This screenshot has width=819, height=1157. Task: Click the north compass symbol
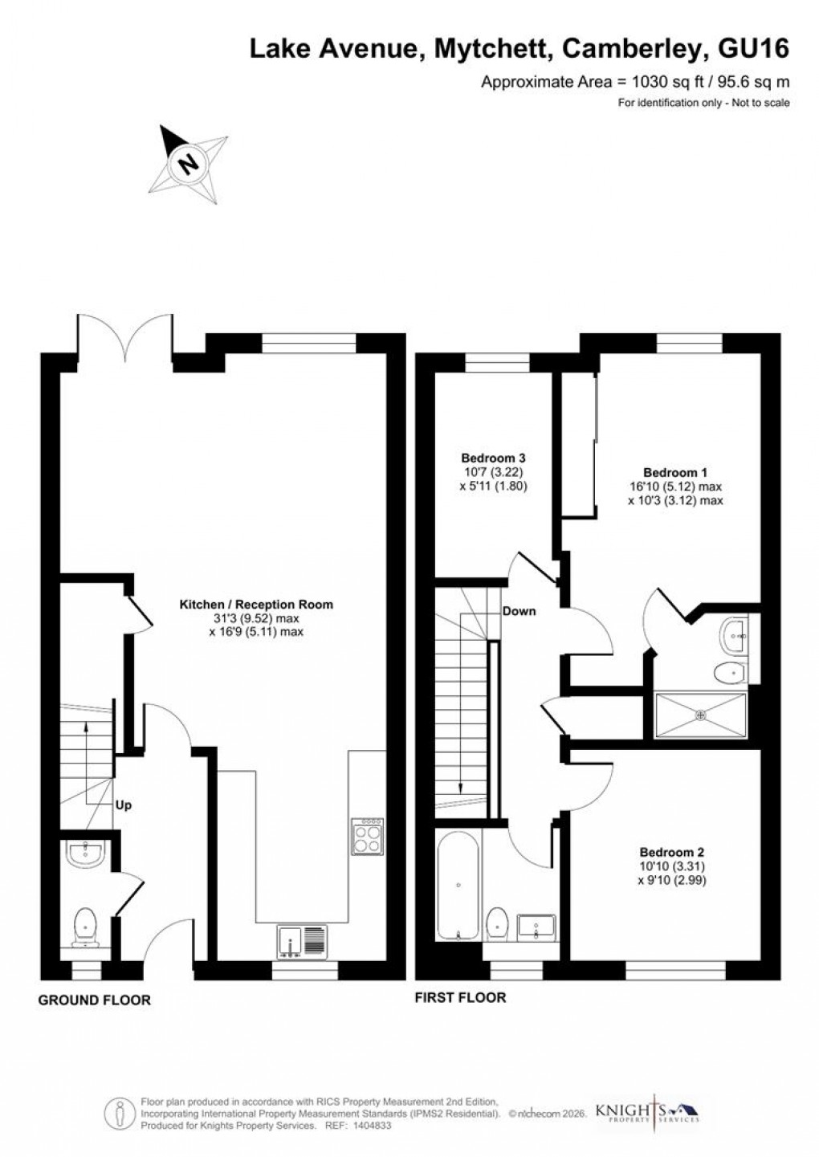click(189, 164)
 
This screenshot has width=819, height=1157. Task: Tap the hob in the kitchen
click(369, 836)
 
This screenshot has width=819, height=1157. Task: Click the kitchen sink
click(303, 941)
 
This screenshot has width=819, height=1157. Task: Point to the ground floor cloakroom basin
click(84, 854)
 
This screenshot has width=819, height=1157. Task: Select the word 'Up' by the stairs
click(124, 805)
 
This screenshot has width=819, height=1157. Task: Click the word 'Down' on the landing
click(519, 611)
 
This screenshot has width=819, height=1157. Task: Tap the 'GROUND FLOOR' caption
click(94, 1000)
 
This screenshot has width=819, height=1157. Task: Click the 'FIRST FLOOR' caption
click(460, 998)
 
